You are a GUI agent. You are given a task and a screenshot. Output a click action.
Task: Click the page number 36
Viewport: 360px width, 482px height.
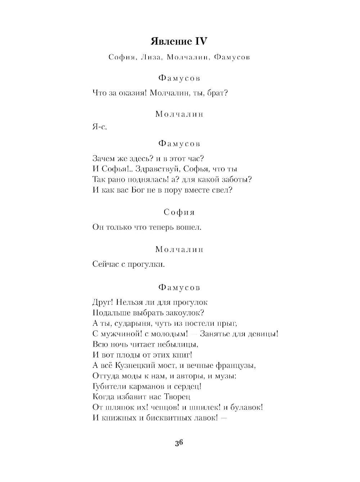pos(179,443)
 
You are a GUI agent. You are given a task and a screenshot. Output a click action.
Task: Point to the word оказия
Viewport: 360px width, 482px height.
pos(132,93)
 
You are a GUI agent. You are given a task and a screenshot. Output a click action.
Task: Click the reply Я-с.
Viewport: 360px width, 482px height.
pos(100,127)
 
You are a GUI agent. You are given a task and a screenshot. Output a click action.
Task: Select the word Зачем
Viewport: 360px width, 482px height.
pos(104,158)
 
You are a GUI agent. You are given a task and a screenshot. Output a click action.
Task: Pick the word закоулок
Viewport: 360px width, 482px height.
pos(187,312)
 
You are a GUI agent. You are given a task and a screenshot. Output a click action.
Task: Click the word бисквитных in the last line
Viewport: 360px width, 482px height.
pos(164,418)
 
